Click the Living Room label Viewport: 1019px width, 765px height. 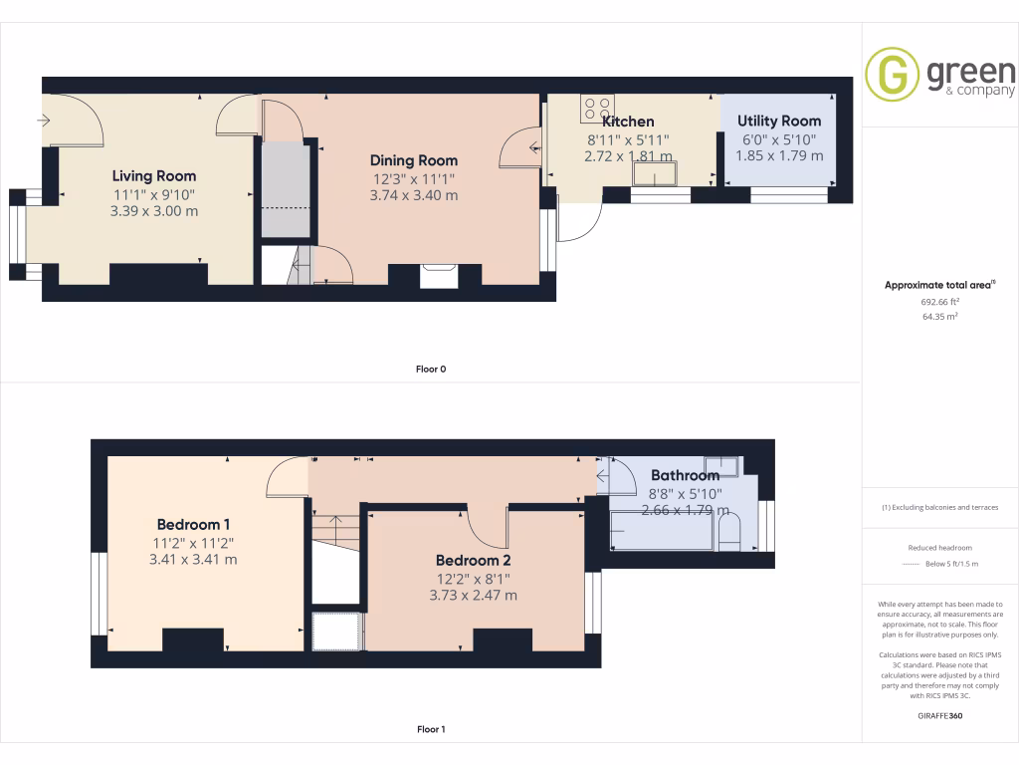coord(154,176)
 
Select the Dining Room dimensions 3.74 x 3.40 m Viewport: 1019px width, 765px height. coord(413,195)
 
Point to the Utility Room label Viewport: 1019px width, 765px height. coord(779,121)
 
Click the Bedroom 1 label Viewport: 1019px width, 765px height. coord(194,524)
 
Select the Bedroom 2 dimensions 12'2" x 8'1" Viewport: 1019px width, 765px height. coord(473,578)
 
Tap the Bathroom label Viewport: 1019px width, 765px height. coord(685,475)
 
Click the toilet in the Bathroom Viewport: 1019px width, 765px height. coord(729,534)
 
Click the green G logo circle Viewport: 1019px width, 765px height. coord(892,75)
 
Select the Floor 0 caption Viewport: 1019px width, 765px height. coord(431,369)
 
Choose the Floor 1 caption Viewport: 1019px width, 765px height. coord(431,729)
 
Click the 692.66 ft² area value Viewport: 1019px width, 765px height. coord(939,301)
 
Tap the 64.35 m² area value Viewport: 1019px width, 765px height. coord(939,316)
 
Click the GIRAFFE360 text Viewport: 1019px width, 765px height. coord(940,715)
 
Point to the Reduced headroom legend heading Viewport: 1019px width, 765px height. coord(939,548)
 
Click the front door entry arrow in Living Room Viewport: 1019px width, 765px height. coord(43,121)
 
